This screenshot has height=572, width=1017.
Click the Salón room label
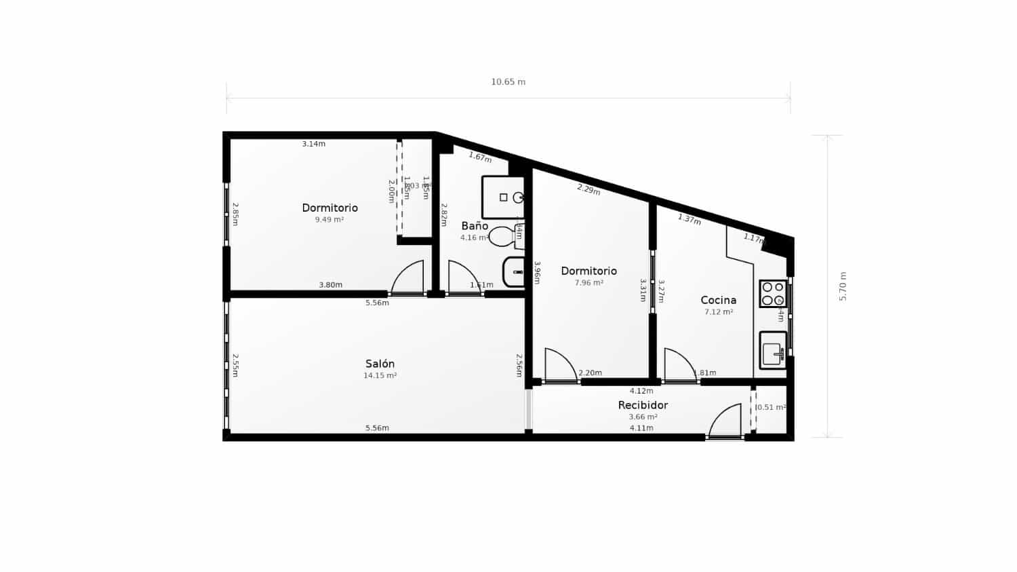(x=380, y=364)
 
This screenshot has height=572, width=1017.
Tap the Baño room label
(x=475, y=226)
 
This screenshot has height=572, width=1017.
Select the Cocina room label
(x=718, y=300)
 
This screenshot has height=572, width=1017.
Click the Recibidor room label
(x=643, y=405)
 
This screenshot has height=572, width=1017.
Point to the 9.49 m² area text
(x=329, y=220)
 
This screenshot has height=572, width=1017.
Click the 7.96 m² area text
(x=589, y=283)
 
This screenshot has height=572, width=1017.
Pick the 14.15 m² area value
(x=380, y=375)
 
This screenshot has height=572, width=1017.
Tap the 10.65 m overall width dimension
(x=508, y=82)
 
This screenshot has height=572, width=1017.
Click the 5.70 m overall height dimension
(x=843, y=286)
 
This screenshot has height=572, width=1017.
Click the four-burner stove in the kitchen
(x=773, y=293)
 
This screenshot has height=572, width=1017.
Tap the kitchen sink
(x=772, y=350)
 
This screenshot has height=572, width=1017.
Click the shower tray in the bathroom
(x=503, y=197)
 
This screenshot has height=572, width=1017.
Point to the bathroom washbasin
(x=514, y=272)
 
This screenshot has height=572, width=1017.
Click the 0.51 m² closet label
(x=771, y=408)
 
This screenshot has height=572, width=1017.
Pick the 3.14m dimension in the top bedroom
(x=313, y=144)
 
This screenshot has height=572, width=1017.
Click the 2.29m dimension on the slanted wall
(x=589, y=189)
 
